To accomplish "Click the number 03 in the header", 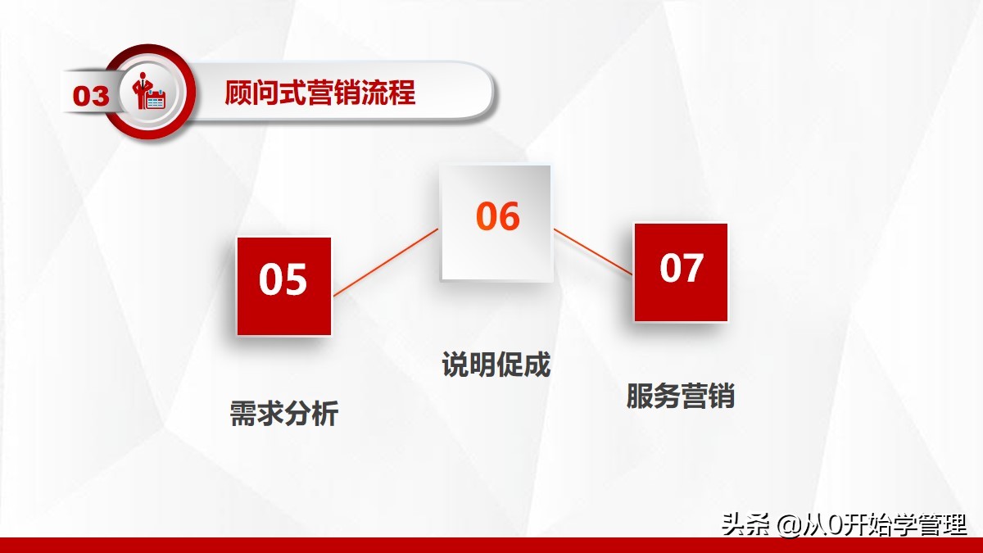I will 91,96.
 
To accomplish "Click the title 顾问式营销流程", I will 320,93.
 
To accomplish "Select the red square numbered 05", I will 283,286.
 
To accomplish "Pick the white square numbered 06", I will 496,222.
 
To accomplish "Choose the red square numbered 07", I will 681,271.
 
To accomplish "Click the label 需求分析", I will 283,414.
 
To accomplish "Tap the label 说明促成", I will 496,365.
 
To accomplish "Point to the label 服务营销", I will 680,397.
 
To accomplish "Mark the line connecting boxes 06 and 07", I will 593,252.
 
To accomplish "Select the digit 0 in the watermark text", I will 835,525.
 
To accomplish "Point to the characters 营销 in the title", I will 320,93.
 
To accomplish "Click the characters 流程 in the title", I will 388,93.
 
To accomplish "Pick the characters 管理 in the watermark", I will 944,524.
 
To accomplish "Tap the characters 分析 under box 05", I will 311,414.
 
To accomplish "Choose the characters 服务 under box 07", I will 653,397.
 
